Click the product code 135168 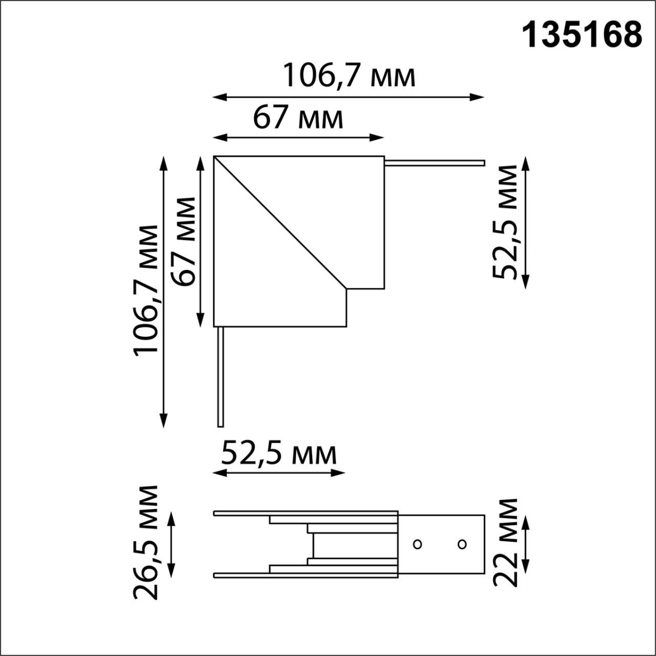(x=582, y=35)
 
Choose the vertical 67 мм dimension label (x=183, y=241)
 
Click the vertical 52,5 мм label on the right (x=505, y=222)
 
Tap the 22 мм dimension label (x=505, y=542)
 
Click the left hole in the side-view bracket (x=417, y=544)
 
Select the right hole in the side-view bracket (x=462, y=544)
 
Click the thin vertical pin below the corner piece (x=220, y=377)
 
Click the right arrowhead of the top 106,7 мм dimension (x=479, y=96)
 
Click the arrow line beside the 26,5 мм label (x=172, y=544)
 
